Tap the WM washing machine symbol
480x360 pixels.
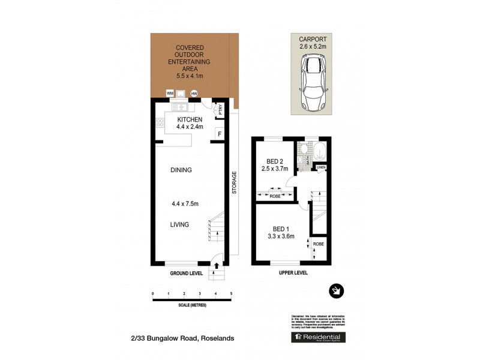[170, 94]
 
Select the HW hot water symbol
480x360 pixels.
[194, 94]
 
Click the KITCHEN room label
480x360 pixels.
[190, 119]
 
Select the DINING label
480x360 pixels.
[181, 170]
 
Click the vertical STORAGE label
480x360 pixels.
[234, 183]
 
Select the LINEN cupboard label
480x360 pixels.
[321, 167]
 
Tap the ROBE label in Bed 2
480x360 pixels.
[275, 195]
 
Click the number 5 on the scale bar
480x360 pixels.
[231, 293]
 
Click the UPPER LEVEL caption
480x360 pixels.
[293, 272]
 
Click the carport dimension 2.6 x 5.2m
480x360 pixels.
[311, 45]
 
